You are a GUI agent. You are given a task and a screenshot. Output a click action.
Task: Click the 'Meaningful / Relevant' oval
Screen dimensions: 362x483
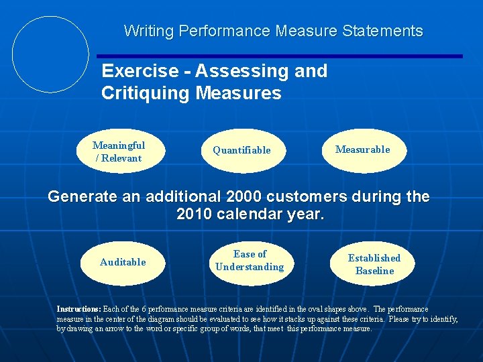pyautogui.click(x=119, y=152)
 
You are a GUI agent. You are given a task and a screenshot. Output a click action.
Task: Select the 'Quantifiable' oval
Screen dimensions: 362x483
pyautogui.click(x=242, y=150)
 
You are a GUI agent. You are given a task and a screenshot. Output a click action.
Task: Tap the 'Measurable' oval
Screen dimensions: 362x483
pyautogui.click(x=362, y=149)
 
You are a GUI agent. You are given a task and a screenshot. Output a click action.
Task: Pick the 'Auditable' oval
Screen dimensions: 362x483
pyautogui.click(x=123, y=262)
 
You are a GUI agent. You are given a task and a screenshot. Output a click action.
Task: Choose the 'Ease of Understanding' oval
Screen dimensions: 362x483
pyautogui.click(x=250, y=261)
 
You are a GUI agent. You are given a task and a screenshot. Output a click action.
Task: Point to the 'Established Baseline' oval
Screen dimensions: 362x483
pyautogui.click(x=374, y=264)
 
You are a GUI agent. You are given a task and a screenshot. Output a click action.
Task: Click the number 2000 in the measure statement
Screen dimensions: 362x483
pyautogui.click(x=246, y=198)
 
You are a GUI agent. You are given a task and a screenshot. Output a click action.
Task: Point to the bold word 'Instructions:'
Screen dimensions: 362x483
pyautogui.click(x=78, y=309)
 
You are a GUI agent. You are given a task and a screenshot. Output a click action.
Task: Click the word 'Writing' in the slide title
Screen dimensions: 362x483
pyautogui.click(x=148, y=31)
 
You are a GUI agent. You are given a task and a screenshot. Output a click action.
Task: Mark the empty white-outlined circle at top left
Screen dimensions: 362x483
pyautogui.click(x=51, y=54)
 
